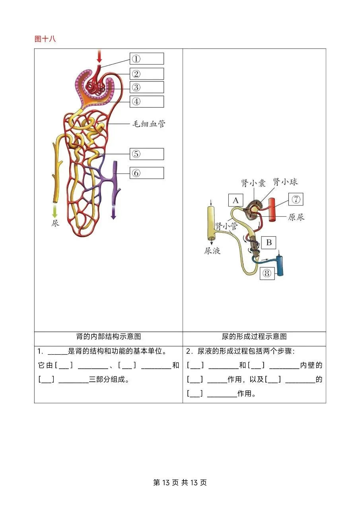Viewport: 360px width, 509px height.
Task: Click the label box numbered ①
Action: click(146, 59)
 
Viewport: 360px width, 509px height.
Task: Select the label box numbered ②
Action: click(146, 74)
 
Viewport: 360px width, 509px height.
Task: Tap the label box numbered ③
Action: click(146, 87)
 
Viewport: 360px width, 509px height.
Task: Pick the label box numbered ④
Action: click(146, 101)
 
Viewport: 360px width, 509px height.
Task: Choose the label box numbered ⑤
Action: click(146, 154)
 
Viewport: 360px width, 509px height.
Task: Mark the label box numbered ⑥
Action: click(146, 173)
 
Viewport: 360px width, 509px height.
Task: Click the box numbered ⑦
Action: click(295, 200)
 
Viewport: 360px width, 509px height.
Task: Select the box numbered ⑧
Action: click(267, 273)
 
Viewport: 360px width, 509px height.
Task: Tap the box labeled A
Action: click(235, 200)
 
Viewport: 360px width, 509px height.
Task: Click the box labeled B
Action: click(269, 242)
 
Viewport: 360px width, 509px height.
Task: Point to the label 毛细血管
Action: click(149, 124)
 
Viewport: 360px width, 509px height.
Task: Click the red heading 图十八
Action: click(45, 39)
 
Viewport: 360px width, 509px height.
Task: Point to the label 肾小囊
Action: click(253, 183)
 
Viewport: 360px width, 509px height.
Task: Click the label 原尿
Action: click(296, 218)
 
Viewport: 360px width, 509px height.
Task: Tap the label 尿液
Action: click(212, 251)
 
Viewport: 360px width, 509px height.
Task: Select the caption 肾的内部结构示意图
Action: click(108, 336)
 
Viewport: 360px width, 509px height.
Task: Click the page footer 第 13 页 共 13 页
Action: click(180, 482)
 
